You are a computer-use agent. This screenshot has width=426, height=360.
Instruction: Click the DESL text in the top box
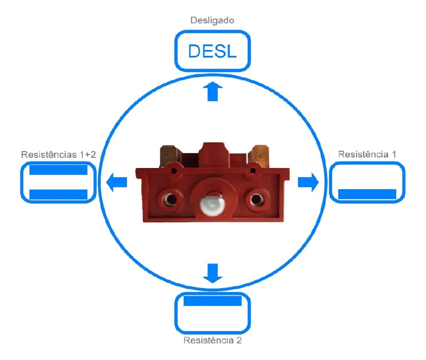[x=212, y=50]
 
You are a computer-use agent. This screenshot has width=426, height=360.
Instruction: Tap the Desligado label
[x=212, y=21]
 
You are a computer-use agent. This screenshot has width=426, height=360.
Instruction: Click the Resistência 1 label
[x=367, y=154]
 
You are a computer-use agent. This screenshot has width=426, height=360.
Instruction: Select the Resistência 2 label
[x=212, y=340]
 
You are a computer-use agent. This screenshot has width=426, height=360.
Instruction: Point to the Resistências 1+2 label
[x=58, y=154]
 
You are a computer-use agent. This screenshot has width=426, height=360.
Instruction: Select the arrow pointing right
[x=308, y=182]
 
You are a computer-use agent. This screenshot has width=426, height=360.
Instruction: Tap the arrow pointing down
[x=212, y=273]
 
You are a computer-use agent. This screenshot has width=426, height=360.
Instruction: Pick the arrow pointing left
[x=117, y=182]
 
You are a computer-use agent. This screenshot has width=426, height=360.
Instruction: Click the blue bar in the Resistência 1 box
[x=367, y=194]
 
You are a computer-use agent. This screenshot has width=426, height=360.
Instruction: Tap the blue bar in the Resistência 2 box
[x=212, y=300]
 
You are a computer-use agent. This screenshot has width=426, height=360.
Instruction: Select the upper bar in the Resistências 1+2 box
[x=58, y=170]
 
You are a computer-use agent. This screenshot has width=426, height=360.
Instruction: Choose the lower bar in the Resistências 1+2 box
[x=58, y=194]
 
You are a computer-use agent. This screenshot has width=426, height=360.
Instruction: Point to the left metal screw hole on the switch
[x=170, y=198]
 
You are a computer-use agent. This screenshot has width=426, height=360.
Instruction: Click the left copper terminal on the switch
[x=167, y=154]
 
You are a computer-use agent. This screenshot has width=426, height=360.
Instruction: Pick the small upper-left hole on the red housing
[x=172, y=171]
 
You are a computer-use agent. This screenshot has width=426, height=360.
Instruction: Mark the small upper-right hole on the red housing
[x=252, y=171]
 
